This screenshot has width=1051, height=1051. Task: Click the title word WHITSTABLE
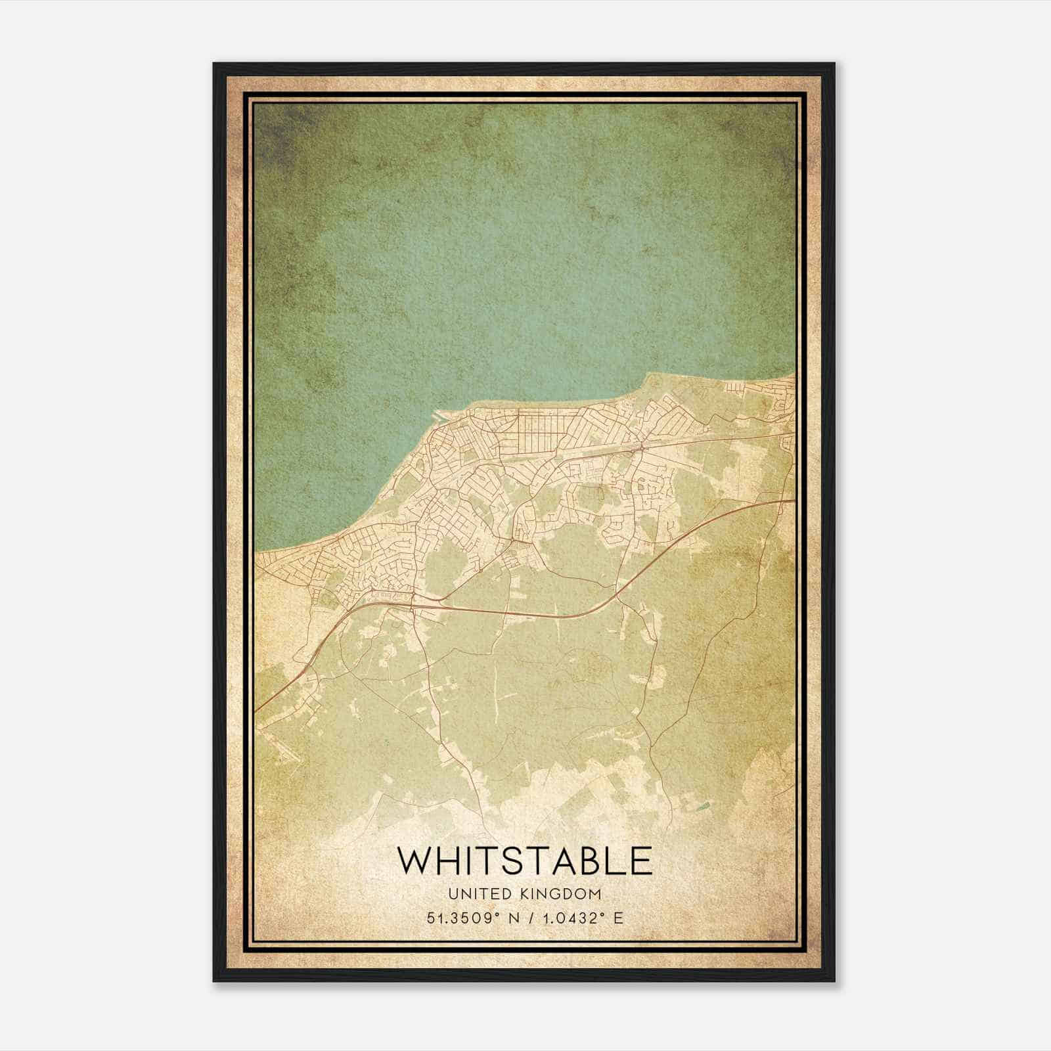(525, 861)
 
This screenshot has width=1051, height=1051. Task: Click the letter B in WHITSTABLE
(589, 861)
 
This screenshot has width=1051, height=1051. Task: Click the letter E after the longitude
(617, 918)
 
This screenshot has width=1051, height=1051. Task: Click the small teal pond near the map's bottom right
(704, 806)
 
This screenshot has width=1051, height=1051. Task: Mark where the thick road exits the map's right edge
(793, 501)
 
